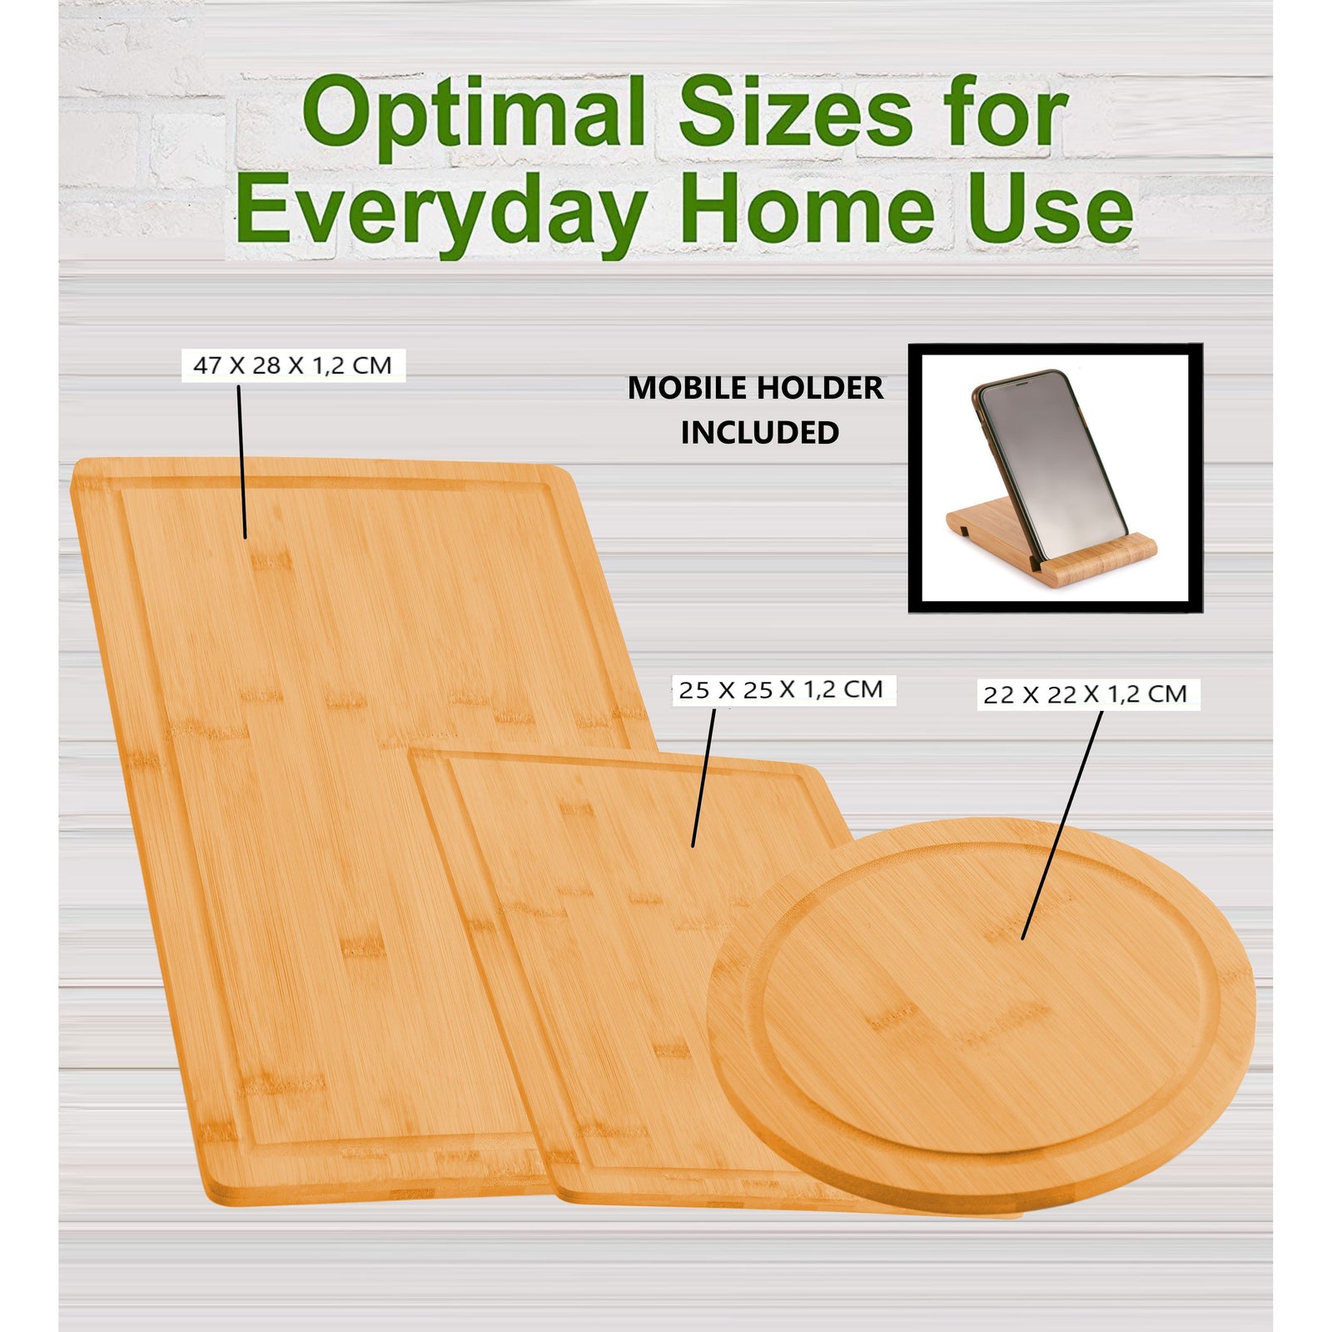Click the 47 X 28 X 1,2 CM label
tap(293, 365)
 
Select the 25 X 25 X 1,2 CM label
tap(781, 690)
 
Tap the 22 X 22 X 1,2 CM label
tap(1086, 694)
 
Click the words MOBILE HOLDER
tap(755, 388)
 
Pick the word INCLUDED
tap(759, 433)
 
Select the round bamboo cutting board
tap(982, 1024)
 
